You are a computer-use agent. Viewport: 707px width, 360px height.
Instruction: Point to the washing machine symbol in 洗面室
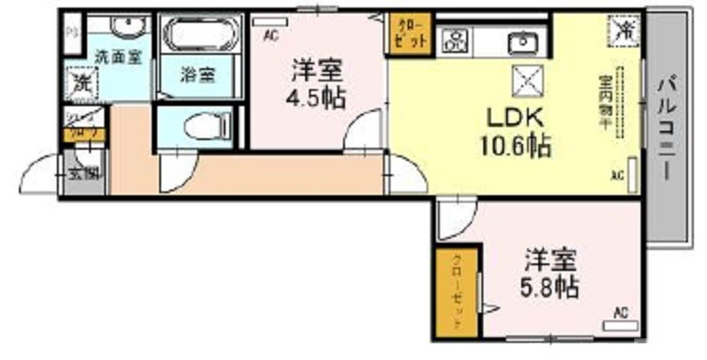point(82,82)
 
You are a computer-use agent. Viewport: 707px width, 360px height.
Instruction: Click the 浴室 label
point(198,73)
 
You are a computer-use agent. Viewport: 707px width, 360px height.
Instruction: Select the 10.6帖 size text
point(516,146)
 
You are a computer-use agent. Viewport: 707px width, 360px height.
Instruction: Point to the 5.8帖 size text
point(553,284)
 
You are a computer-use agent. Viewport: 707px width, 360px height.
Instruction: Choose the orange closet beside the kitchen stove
point(409,33)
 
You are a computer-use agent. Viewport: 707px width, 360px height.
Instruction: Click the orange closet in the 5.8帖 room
point(454,292)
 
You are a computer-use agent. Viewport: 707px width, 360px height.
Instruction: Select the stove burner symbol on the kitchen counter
point(456,40)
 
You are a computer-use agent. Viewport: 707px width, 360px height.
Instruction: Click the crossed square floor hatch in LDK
point(526,81)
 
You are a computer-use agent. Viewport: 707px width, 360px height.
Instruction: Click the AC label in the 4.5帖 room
point(271,36)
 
